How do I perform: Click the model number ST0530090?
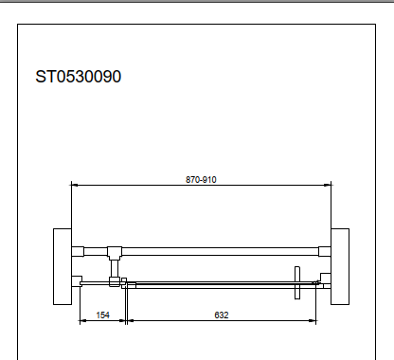pos(79,77)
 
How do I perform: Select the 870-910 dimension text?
pos(201,180)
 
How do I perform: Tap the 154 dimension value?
pos(102,315)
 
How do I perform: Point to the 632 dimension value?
pos(222,315)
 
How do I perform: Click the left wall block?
pos(63,266)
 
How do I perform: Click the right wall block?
pos(340,266)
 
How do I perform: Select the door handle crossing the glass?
pos(297,282)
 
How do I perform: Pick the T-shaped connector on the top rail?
pos(115,253)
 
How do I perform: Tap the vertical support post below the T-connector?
pos(115,268)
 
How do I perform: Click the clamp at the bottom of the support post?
pos(115,281)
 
